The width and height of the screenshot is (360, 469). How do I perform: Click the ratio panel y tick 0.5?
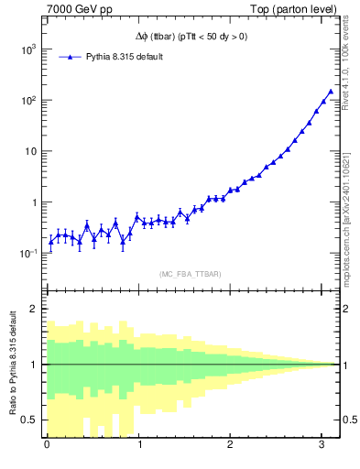pyautogui.click(x=32, y=420)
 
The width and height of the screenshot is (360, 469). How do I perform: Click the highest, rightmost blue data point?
pyautogui.click(x=331, y=92)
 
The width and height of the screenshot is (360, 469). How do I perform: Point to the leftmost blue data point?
pyautogui.click(x=50, y=243)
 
